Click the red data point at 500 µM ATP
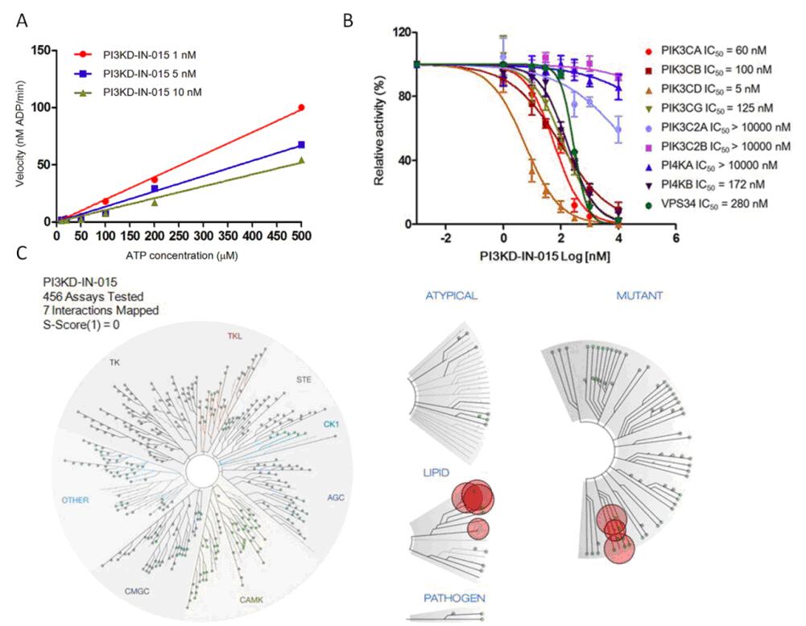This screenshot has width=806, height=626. point(301,108)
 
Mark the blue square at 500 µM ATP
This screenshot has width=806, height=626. point(301,145)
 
